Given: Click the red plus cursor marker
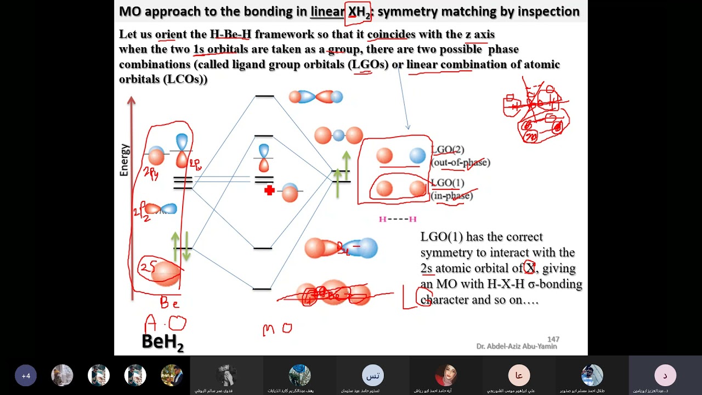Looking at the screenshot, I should [269, 190].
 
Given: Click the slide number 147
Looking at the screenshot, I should [553, 340].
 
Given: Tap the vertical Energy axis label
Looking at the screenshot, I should [124, 160].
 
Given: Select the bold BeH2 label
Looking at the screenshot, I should [162, 342].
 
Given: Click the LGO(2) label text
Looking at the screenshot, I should [448, 150].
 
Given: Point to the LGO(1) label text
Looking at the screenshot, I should [448, 183].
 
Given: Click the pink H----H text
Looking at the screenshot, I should [398, 219].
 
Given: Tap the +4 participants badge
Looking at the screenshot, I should [26, 376].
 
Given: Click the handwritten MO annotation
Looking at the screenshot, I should [277, 329].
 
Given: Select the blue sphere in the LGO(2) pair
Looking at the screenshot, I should [417, 156].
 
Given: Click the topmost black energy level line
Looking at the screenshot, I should [264, 97].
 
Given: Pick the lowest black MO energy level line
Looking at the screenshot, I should [262, 289].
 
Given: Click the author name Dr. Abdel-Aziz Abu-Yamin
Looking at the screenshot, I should [516, 347].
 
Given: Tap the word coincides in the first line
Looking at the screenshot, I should [392, 35].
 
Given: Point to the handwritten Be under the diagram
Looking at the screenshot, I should [169, 302].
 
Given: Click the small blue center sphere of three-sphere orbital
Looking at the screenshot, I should [339, 135].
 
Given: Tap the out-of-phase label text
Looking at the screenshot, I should [461, 162].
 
